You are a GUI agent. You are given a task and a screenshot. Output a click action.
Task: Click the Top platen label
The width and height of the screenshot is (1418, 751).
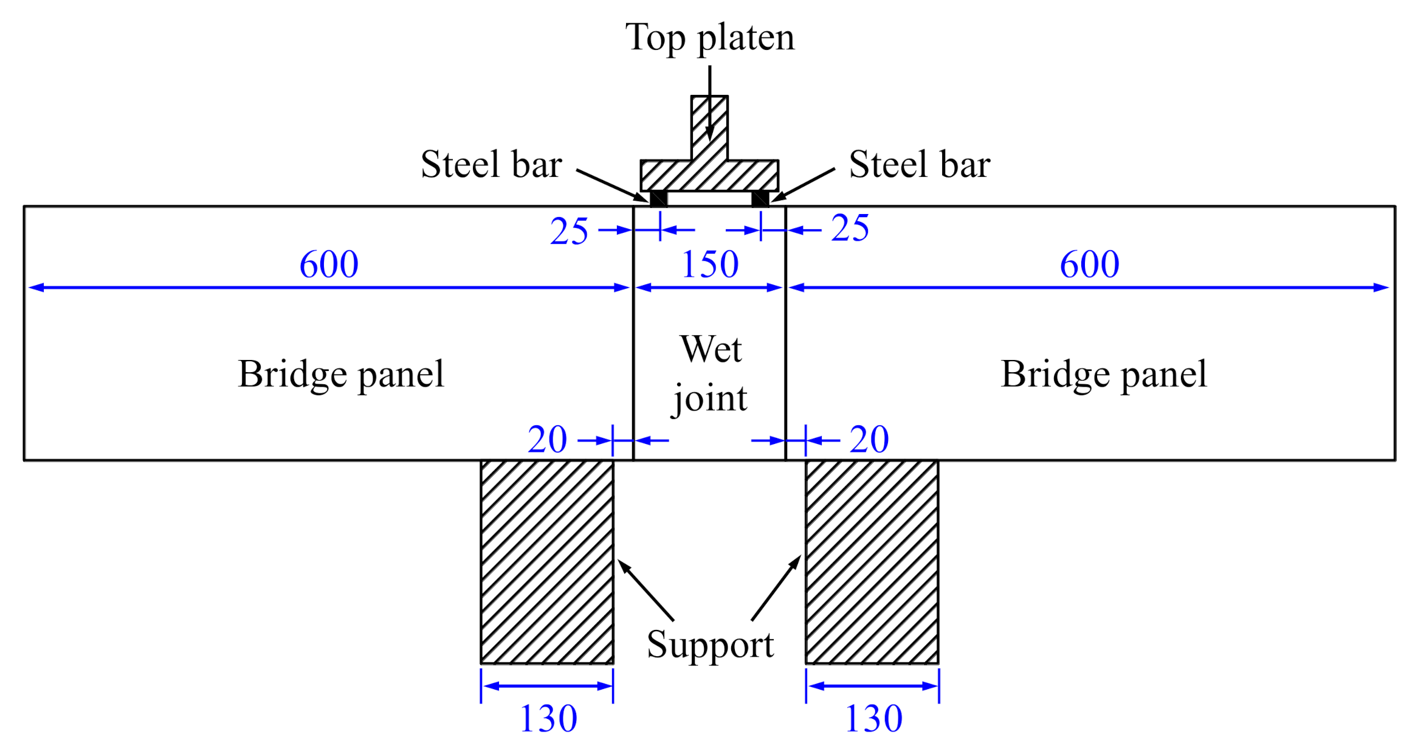point(709,38)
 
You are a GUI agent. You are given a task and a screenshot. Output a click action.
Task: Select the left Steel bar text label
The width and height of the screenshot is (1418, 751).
point(491,164)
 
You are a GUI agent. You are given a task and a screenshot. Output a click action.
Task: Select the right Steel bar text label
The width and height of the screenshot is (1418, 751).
point(919,164)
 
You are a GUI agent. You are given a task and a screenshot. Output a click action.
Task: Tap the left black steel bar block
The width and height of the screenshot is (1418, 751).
point(658,198)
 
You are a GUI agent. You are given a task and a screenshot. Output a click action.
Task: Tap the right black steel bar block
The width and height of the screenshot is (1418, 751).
point(760,198)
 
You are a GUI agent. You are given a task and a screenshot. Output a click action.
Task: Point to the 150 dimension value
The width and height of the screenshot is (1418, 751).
point(709,265)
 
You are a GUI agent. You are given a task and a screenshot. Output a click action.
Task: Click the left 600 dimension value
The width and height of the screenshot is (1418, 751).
point(329,265)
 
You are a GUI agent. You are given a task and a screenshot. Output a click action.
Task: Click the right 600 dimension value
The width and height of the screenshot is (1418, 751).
point(1089,265)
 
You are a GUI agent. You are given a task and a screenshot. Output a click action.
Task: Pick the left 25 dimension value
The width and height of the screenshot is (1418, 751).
point(569,232)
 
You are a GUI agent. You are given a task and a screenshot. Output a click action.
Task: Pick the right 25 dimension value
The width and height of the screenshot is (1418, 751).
point(850,229)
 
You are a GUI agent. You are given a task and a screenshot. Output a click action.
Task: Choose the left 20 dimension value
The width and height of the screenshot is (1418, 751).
point(547,440)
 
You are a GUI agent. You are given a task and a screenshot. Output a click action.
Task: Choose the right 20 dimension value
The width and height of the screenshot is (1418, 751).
point(869,440)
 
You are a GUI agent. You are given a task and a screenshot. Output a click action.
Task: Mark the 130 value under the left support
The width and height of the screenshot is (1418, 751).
point(548,719)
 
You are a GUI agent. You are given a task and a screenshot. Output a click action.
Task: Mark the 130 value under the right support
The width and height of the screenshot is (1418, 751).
point(873,719)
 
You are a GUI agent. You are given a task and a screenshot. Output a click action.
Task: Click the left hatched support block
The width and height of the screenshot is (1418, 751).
point(547,561)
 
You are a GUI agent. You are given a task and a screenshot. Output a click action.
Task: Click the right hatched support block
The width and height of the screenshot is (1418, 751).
point(872,561)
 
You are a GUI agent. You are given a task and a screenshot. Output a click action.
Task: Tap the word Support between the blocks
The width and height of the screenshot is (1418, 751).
point(710,645)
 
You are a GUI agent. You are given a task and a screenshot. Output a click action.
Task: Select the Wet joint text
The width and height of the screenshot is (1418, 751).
point(710,373)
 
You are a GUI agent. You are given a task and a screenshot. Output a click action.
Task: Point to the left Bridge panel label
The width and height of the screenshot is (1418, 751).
point(341,374)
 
